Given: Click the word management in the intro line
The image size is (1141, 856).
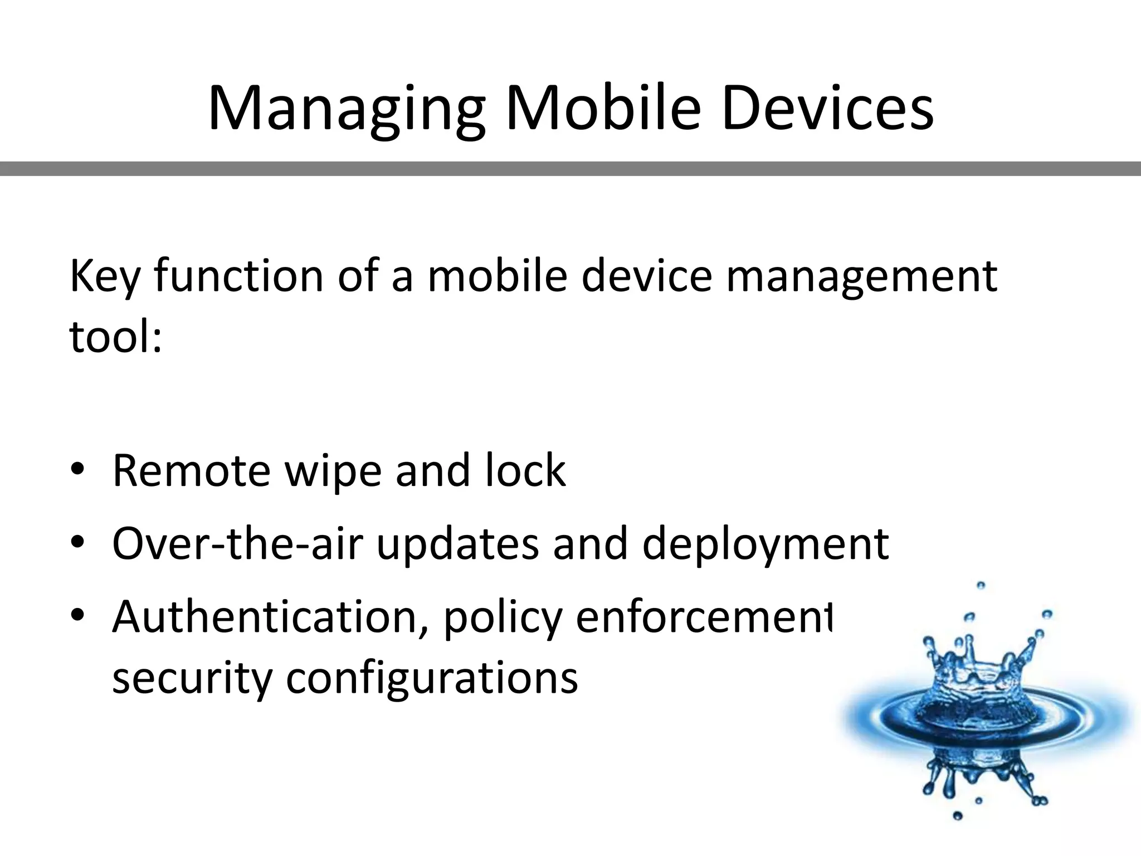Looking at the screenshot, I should point(861,277).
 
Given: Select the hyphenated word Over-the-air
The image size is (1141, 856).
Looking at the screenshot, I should point(237,543).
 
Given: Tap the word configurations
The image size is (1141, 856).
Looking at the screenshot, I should point(432,678).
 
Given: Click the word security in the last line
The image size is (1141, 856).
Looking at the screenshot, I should point(192,678).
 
